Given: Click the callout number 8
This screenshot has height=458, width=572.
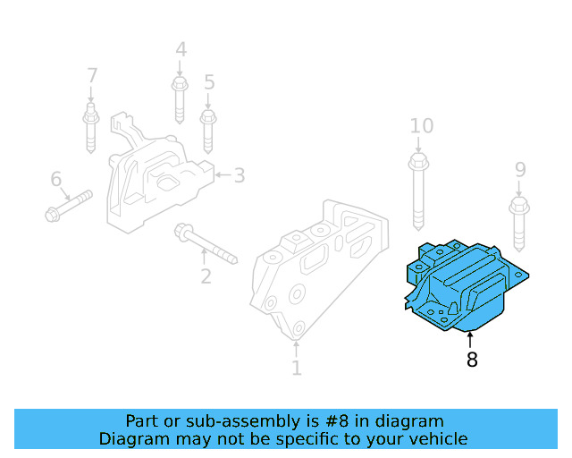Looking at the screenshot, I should (471, 360).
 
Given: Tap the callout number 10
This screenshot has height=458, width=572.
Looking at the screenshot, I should (421, 126).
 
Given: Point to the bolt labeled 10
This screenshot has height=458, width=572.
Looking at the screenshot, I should (418, 192).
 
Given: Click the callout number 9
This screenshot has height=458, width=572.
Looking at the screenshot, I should (520, 170).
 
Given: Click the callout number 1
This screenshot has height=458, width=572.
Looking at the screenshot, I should (297, 368).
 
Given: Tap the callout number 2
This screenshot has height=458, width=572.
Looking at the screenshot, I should (206, 276).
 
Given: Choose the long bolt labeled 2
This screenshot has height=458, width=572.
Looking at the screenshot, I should (206, 244).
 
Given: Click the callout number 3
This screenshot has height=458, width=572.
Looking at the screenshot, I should (240, 175).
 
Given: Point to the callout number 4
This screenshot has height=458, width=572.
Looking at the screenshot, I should (181, 51).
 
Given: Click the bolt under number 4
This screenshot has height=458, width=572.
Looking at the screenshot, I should (179, 100).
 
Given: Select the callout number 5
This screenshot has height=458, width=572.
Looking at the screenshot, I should (209, 83).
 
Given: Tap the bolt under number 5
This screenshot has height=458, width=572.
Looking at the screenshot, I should (208, 131).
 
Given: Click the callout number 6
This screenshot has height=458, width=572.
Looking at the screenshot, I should (56, 180).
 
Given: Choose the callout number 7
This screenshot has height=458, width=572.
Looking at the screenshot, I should (91, 75).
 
